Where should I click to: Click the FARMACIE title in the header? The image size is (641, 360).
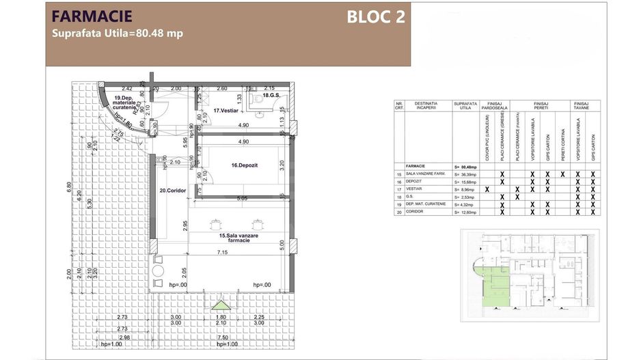coord(92,16)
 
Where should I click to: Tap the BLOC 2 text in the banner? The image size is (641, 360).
coord(375,17)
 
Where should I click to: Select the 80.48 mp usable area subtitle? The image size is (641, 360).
coord(118,33)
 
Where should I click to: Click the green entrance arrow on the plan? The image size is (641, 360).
coord(219,305)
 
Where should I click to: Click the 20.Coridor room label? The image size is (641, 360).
coord(173,191)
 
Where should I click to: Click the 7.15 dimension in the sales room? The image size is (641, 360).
coord(223,253)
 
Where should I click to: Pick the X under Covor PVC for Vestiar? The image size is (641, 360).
coord(487,189)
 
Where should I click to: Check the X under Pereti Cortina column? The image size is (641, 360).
coord(562,174)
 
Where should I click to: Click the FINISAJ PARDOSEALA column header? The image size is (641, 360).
coord(493,106)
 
